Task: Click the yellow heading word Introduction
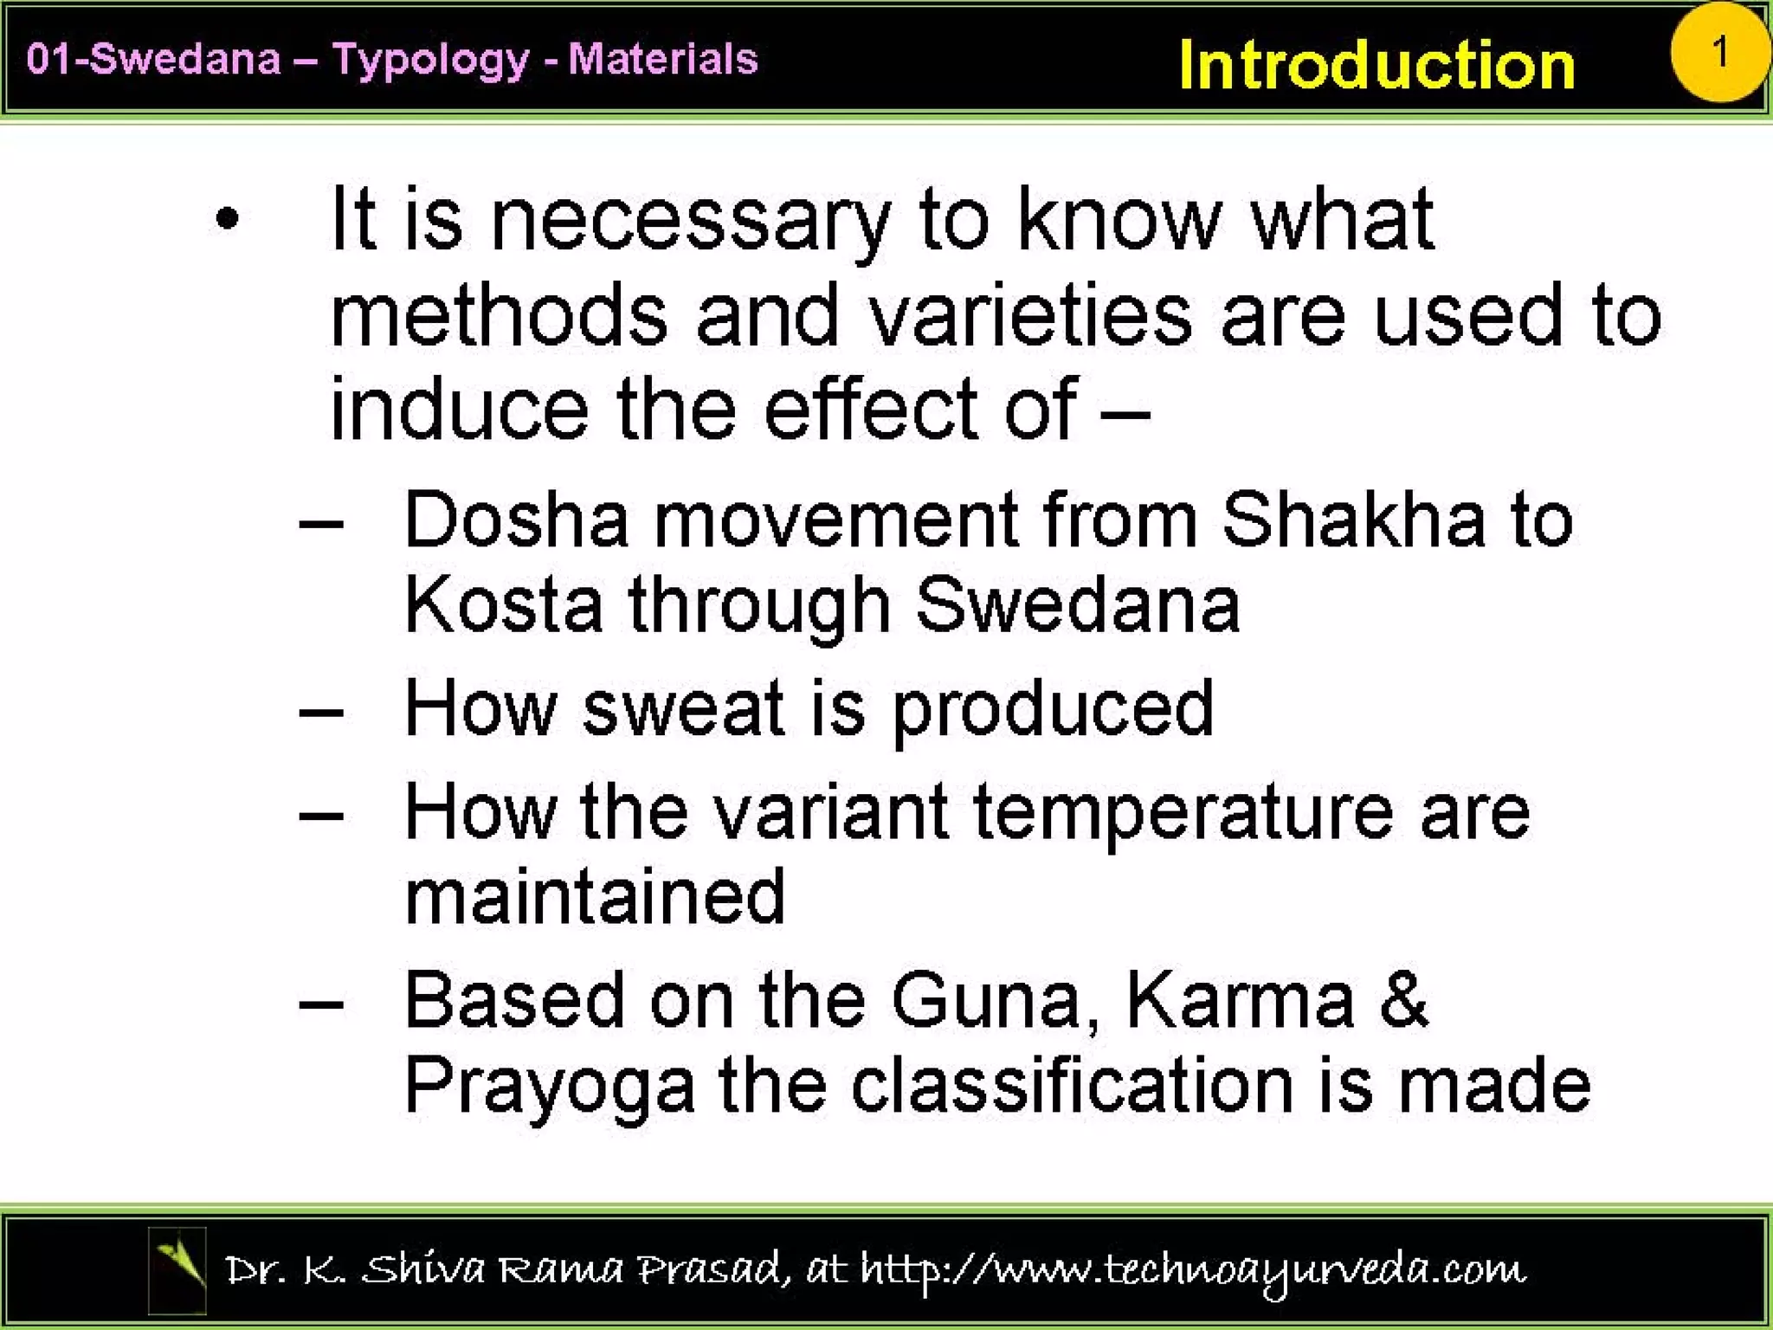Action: coord(1376,65)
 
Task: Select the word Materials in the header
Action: coord(662,59)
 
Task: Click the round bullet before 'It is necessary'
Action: coord(227,219)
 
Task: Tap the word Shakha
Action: coord(1353,520)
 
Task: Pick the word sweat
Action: coord(683,708)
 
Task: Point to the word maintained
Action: coord(595,897)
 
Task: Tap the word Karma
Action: coord(1240,1000)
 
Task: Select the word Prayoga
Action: coord(550,1088)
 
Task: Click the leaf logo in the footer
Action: coord(177,1269)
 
